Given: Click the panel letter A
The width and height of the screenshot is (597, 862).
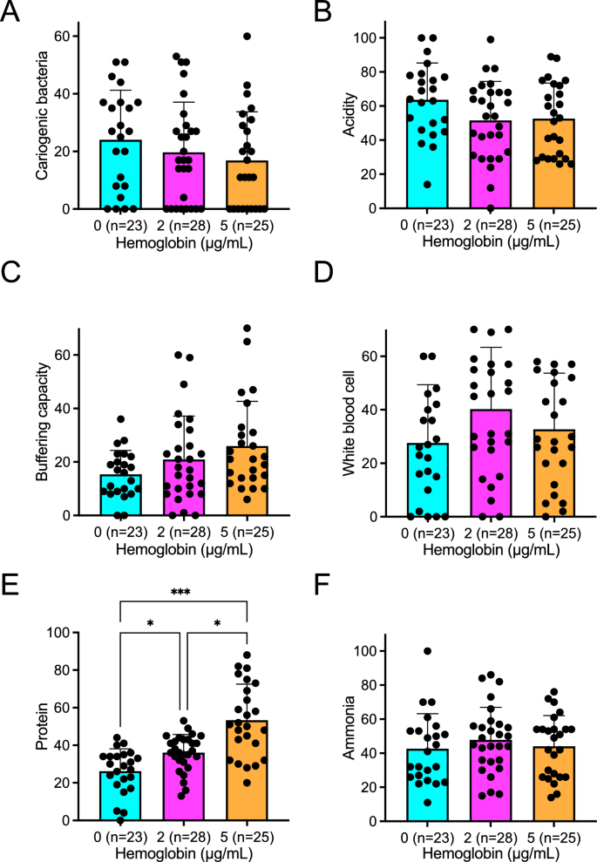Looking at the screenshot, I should coord(12,15).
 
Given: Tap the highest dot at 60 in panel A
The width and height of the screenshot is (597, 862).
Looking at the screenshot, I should coord(247,37).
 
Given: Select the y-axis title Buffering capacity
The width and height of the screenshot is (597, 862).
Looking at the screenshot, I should coord(40,422).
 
